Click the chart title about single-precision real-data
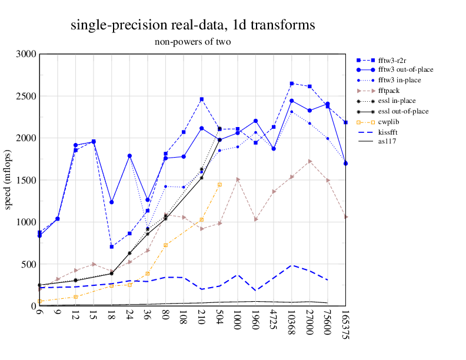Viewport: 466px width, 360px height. pos(192,25)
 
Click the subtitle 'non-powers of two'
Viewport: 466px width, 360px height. pos(192,42)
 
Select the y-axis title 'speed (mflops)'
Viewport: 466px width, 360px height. pos(8,180)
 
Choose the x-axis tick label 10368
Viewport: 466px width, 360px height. pos(292,324)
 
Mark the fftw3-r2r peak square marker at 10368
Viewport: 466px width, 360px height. pos(292,84)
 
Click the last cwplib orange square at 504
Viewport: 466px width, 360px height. pos(219,185)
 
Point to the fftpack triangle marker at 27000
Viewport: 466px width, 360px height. pos(309,161)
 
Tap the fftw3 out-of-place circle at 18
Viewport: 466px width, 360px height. pos(111,202)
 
